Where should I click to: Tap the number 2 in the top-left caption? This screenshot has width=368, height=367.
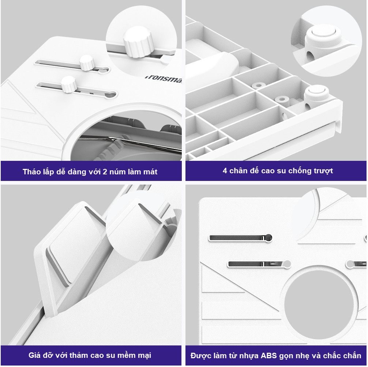click(x=105, y=172)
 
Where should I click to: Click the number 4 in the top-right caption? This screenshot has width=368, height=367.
click(x=225, y=171)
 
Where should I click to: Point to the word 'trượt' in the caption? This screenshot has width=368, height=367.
click(x=325, y=171)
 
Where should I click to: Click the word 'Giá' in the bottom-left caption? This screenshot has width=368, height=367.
click(x=34, y=355)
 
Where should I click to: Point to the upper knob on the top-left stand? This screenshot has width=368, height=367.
click(x=87, y=63)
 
